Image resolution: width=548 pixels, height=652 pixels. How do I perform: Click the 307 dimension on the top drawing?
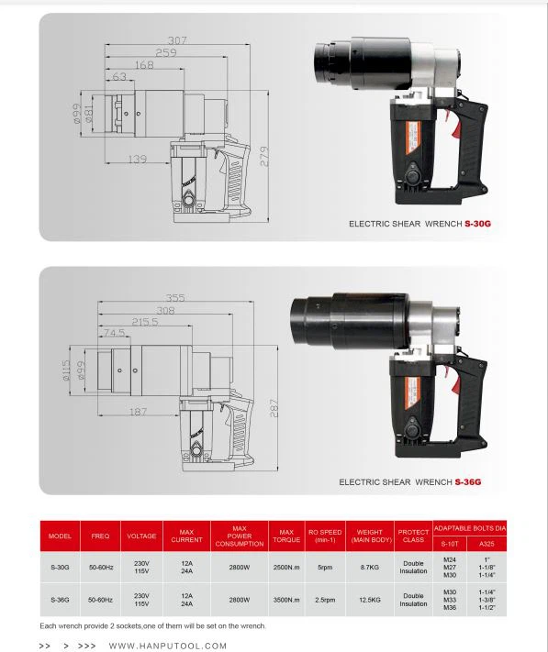click(177, 39)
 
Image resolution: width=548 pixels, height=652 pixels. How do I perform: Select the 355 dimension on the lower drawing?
click(175, 297)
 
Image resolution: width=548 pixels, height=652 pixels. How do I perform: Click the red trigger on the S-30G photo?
click(448, 116)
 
